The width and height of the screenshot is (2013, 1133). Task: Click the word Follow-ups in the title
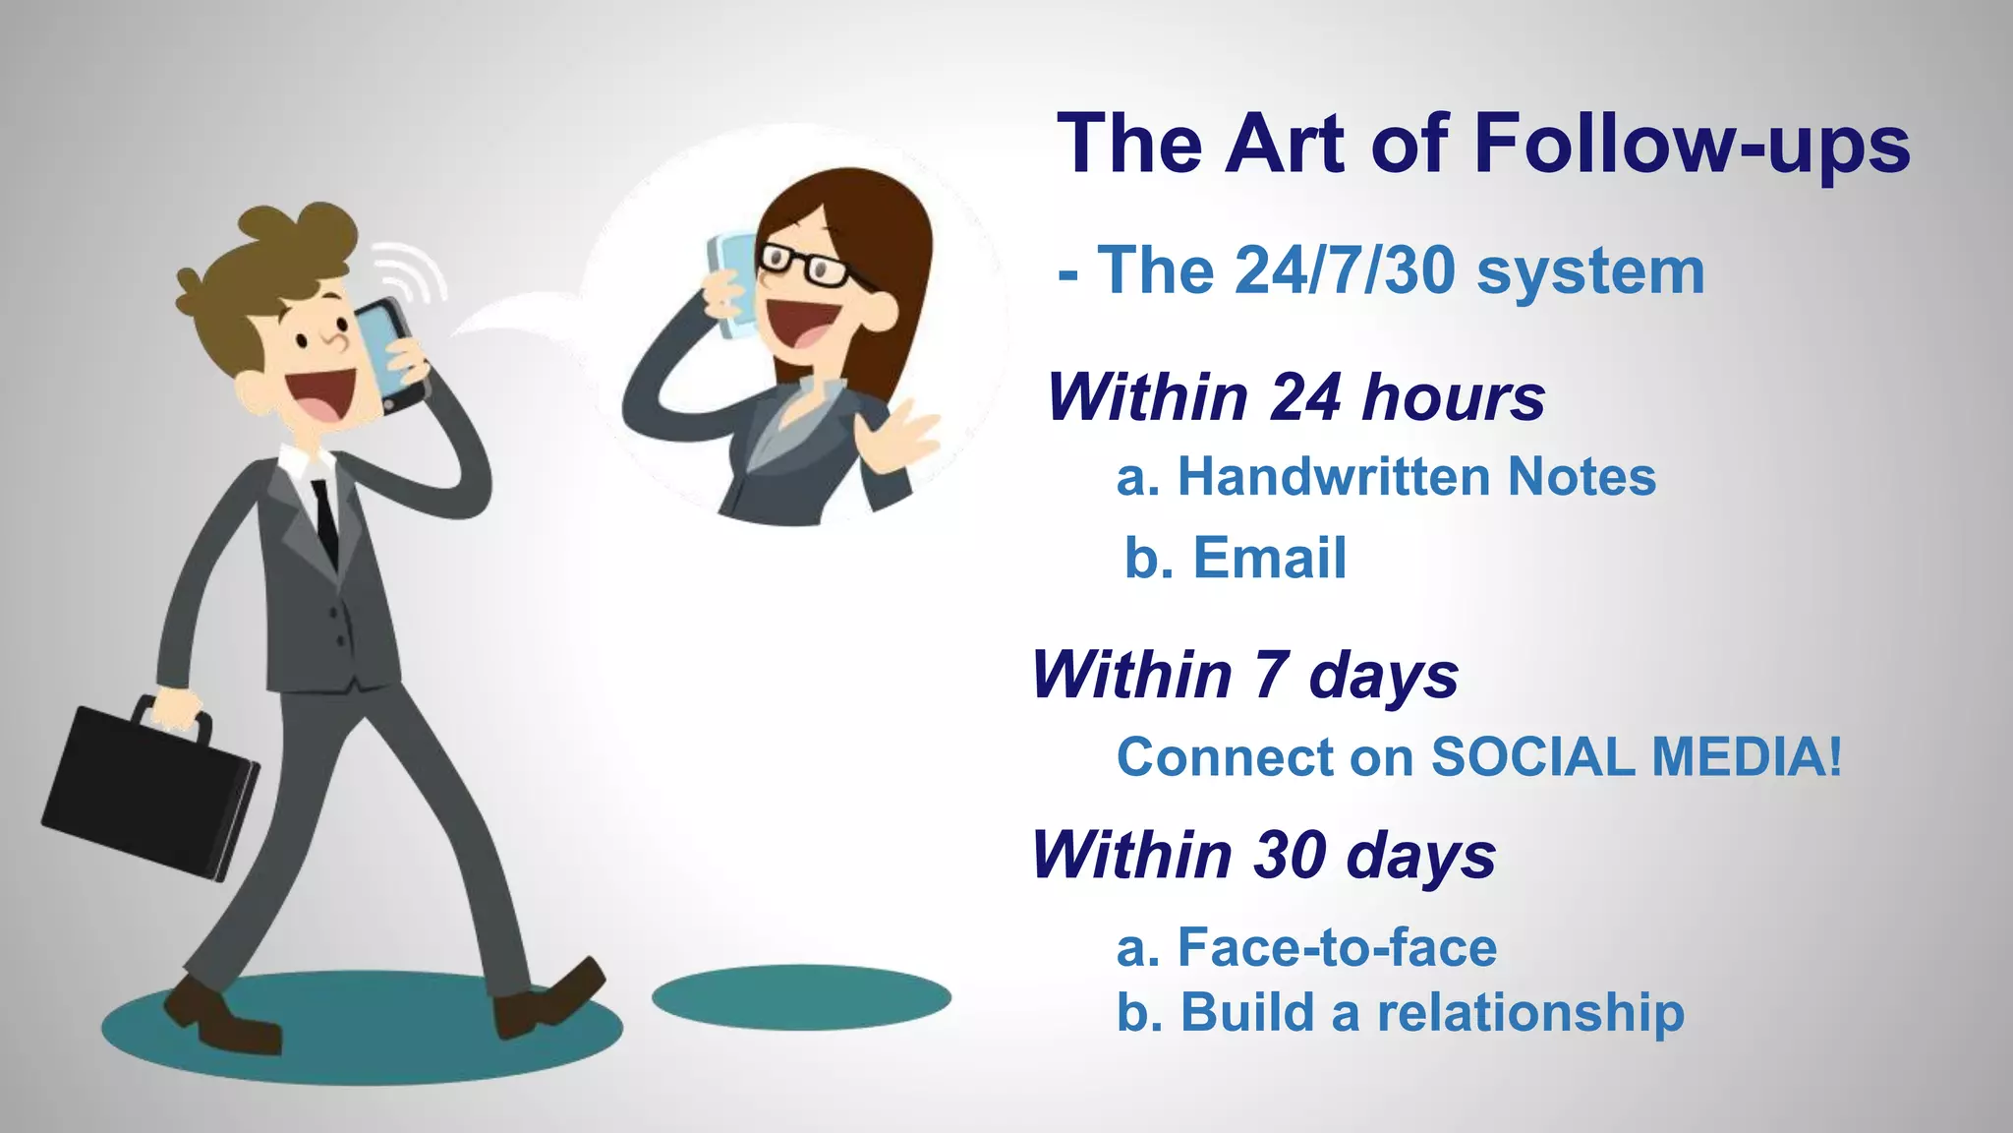1691,146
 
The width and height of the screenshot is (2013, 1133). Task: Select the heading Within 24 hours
1295,397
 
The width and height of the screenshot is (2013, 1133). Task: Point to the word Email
1269,559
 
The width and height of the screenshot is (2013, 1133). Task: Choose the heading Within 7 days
1244,676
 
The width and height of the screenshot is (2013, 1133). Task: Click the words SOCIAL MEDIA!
1636,757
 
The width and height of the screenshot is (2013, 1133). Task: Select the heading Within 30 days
1263,855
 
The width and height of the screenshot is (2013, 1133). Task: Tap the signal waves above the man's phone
413,269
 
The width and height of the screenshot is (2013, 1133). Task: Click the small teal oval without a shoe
801,996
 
